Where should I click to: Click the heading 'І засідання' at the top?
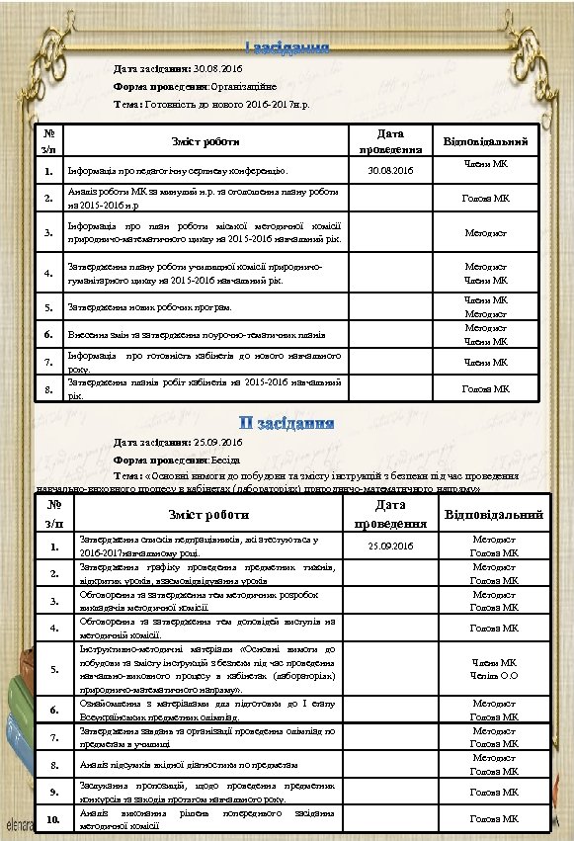point(287,49)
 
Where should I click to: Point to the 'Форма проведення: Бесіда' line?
point(175,460)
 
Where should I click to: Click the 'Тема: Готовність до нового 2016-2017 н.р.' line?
point(211,103)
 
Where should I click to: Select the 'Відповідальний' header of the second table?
point(494,515)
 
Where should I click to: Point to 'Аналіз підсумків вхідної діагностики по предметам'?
point(188,765)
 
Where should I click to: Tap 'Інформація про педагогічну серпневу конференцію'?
point(177,173)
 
